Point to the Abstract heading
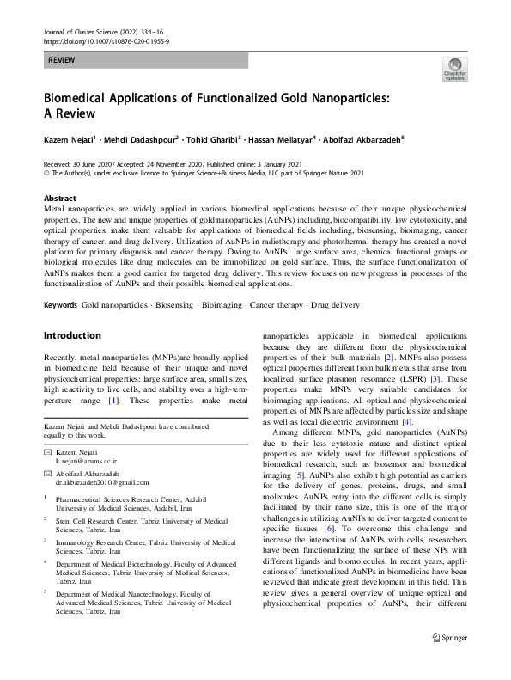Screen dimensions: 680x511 click(59, 198)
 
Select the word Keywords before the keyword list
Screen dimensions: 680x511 click(60, 305)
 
